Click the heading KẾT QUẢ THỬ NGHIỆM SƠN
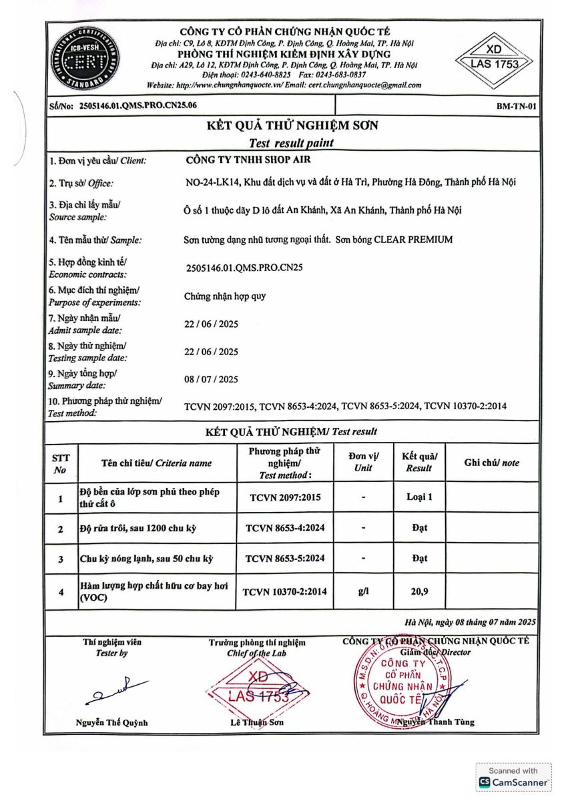291,125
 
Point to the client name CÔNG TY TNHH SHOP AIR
248,160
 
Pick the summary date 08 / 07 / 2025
211,380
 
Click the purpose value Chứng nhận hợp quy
225,296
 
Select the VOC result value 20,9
419,592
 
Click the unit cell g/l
364,592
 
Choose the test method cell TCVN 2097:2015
286,497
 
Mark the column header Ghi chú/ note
491,463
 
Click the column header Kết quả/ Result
419,462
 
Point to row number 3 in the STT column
61,559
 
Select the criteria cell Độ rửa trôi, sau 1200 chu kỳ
137,529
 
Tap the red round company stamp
399,682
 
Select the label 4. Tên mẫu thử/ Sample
95,240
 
